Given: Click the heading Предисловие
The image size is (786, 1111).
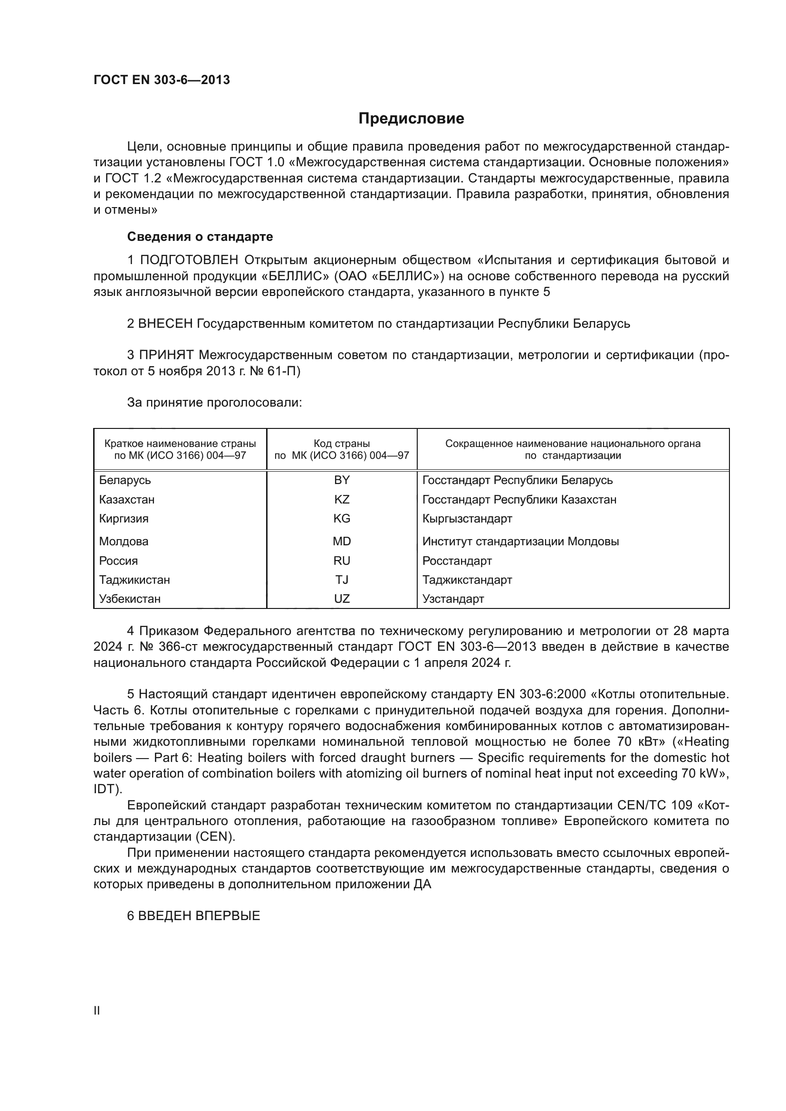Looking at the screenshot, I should point(411,119).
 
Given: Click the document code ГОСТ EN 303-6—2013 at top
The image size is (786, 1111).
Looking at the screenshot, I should point(162,80).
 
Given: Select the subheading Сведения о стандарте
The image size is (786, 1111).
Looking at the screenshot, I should point(200,237).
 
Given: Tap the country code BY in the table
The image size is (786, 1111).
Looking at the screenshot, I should point(342,480).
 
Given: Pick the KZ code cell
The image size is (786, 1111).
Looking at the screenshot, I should point(342,499).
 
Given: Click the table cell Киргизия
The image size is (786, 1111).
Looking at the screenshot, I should point(124,519).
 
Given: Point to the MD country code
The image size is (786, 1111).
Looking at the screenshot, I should point(342,541).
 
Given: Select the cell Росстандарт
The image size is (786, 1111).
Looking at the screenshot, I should point(457,561).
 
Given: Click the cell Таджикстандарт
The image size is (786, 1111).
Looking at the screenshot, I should point(467,579).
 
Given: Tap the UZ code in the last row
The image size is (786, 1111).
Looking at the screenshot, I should point(342,598).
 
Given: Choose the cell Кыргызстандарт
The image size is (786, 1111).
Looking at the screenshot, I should point(467,519).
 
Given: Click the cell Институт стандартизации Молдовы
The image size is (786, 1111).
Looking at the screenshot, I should point(520,541).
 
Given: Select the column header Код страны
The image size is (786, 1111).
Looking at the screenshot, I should point(342,444).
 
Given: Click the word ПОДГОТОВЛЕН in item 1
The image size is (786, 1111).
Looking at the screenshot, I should point(189,260).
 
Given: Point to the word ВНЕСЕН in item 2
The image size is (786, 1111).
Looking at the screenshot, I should point(165,323).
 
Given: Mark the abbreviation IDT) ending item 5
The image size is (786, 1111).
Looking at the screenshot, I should point(107,789).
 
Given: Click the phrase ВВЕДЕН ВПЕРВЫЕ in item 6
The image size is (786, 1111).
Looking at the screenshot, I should point(200,915).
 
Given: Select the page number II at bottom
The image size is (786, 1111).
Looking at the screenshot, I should point(97,1010).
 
